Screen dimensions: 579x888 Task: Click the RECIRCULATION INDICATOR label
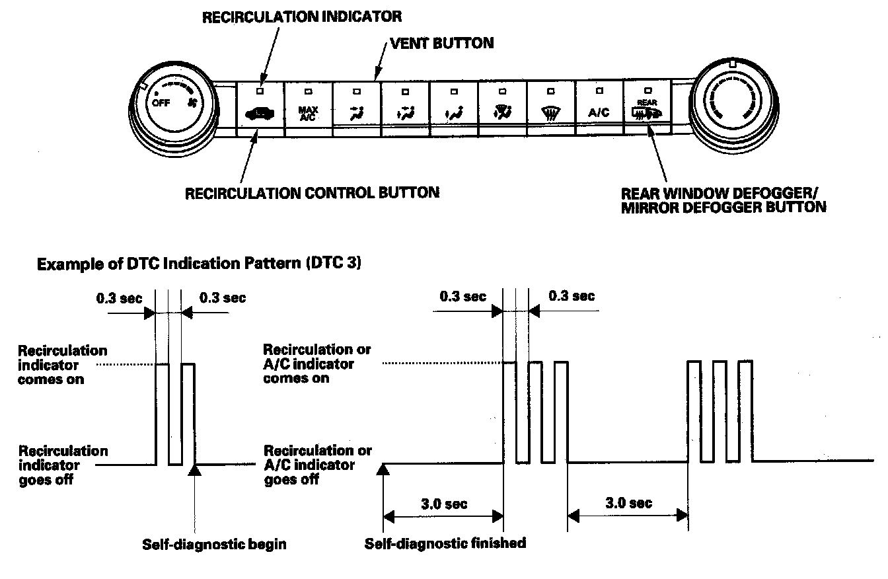tap(301, 17)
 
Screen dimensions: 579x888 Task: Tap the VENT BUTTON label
tap(442, 43)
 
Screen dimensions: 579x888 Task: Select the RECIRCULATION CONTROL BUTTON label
tap(312, 192)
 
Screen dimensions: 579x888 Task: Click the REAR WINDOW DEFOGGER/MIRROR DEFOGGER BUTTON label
tap(723, 200)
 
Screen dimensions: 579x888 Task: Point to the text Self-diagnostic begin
tap(214, 545)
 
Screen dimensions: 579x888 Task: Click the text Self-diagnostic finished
tap(445, 543)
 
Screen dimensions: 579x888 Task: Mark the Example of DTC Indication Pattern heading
tap(199, 263)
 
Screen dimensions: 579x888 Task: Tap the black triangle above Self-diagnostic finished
tap(383, 470)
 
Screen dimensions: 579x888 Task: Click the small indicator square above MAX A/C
tap(308, 91)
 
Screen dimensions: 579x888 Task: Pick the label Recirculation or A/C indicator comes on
tap(317, 364)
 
